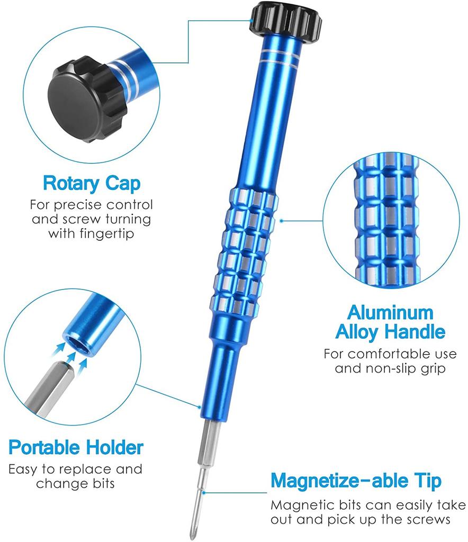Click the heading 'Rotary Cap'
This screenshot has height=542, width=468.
(92, 183)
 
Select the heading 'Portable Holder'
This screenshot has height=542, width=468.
(76, 447)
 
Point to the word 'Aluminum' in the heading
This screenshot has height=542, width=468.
(390, 313)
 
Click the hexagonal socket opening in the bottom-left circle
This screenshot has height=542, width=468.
(77, 342)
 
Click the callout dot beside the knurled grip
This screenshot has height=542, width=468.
(281, 221)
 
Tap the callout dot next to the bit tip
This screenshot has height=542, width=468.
(204, 493)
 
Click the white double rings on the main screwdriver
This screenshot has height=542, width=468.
(280, 57)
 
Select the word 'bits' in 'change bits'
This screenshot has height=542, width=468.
(103, 483)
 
